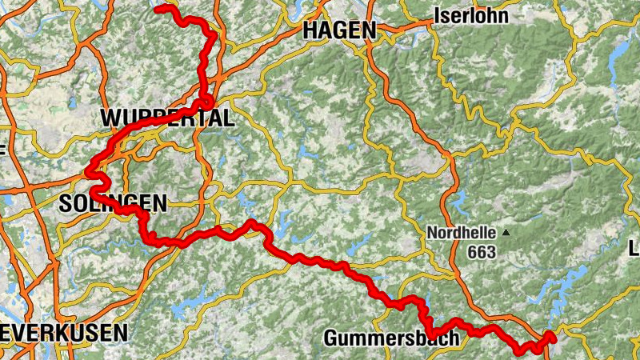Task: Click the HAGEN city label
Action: point(340,30)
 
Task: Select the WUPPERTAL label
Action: point(167,119)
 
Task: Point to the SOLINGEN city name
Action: point(113,204)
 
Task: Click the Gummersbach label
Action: point(391,338)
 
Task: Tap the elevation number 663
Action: point(483,253)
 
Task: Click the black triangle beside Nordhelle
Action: point(506,233)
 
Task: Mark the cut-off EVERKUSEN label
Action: point(64,332)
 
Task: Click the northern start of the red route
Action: point(158,8)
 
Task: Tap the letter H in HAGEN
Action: point(310,30)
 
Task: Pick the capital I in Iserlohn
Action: point(436,15)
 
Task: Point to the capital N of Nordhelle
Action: point(432,234)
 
